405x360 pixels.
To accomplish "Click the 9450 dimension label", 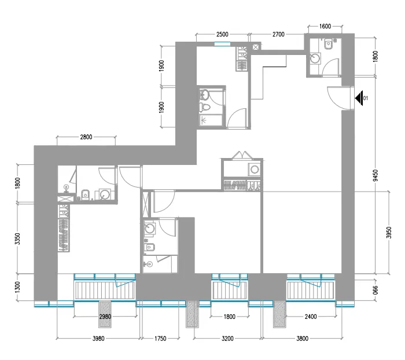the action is click(x=375, y=175).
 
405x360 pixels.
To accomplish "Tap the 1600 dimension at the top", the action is click(x=325, y=27).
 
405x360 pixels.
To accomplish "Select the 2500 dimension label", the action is click(x=222, y=34).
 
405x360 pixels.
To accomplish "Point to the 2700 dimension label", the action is click(x=278, y=34).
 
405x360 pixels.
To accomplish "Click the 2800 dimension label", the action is click(x=86, y=137).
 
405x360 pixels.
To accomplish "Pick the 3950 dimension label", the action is click(x=389, y=233).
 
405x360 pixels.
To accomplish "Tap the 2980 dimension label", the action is click(x=105, y=317).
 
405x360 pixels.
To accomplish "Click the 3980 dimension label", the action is click(x=98, y=339).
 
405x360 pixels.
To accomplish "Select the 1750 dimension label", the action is click(x=160, y=339).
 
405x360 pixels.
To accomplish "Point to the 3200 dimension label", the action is click(x=227, y=339).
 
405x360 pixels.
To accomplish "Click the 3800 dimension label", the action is click(x=302, y=339).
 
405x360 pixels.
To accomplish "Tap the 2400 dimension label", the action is click(x=311, y=317).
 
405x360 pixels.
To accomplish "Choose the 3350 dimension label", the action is click(x=17, y=239).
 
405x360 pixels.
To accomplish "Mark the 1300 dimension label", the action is click(x=17, y=288).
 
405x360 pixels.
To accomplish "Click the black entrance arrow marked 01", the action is click(x=359, y=98).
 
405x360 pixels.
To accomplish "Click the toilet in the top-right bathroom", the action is click(x=329, y=44).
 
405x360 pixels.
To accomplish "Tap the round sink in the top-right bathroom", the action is click(x=315, y=58).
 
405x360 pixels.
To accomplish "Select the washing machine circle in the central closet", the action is click(x=255, y=170).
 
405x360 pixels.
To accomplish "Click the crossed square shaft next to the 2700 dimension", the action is click(x=256, y=47).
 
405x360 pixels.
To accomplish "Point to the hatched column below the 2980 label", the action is click(x=105, y=314).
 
